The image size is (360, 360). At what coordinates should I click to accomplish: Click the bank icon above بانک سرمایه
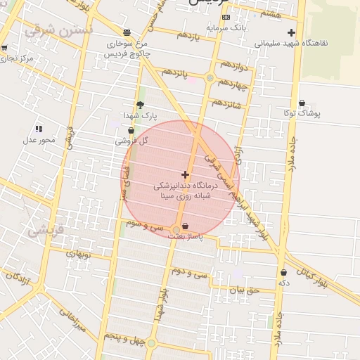[226, 17]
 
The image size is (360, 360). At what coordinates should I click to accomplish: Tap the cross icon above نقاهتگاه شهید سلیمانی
[292, 32]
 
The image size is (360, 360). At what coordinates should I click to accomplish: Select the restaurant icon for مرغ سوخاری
[127, 32]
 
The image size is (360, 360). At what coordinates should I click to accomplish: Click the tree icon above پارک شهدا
[140, 104]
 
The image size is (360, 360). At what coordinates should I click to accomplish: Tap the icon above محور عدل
[39, 129]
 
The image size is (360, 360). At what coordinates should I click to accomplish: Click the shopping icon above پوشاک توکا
[302, 103]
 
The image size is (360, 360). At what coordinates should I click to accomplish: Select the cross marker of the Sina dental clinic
[185, 174]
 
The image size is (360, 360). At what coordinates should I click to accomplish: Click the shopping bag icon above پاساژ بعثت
[185, 226]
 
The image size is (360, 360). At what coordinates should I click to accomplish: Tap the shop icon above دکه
[283, 272]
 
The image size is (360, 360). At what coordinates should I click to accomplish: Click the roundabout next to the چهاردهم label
[210, 78]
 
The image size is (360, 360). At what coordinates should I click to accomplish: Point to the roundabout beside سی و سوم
[175, 230]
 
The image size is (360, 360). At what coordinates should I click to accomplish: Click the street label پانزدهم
[177, 73]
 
